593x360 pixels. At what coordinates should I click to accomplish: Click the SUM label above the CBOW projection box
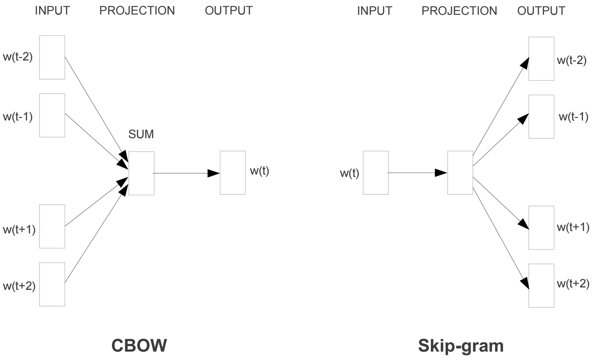141,134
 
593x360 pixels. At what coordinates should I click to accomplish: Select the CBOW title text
139,345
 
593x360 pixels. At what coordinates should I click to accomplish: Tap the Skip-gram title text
461,346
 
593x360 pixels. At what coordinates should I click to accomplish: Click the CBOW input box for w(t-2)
52,57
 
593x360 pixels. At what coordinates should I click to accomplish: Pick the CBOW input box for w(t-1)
52,115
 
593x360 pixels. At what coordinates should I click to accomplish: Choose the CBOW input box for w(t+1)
52,226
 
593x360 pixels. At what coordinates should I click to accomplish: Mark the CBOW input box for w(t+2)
52,284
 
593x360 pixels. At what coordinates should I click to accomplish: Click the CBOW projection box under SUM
141,173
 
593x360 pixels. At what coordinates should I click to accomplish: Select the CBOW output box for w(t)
233,173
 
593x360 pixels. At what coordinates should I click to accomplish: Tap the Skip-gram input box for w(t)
376,173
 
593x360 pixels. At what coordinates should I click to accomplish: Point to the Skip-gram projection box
460,173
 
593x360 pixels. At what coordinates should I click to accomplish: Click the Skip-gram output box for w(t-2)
541,58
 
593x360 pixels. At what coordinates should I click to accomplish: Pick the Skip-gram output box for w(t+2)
541,285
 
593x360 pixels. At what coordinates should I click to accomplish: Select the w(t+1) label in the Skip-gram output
573,227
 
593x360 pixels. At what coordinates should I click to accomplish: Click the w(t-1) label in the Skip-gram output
573,117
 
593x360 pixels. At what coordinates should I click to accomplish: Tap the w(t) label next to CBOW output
259,171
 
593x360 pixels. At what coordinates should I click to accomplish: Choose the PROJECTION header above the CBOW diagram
137,11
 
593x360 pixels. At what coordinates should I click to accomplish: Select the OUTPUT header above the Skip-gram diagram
541,11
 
